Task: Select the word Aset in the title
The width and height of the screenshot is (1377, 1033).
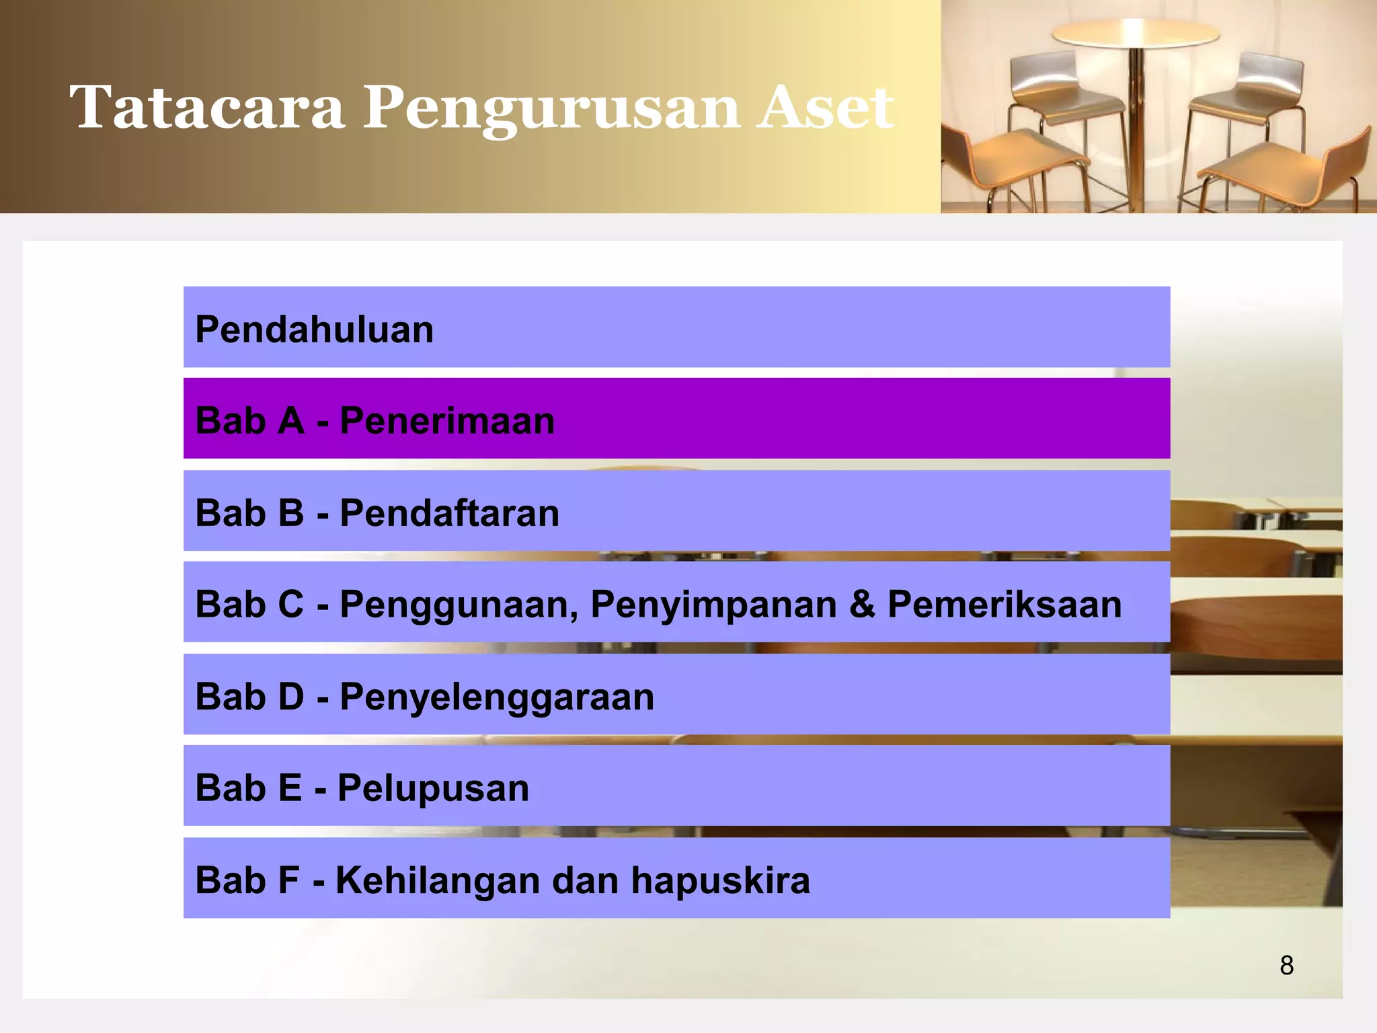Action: point(826,108)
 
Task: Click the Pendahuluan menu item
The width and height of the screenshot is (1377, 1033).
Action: point(314,330)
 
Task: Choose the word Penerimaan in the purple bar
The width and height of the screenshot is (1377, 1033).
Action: point(447,421)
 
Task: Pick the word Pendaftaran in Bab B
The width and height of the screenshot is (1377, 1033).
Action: point(449,513)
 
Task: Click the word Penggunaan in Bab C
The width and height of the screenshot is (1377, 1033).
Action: point(459,605)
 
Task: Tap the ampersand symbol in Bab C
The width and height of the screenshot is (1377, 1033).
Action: point(862,604)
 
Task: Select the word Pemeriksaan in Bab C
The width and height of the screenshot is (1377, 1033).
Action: point(1005,604)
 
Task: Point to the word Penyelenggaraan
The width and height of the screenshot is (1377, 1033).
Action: point(497,697)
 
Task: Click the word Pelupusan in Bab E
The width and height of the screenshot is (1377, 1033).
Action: point(433,788)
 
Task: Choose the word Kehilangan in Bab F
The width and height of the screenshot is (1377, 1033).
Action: point(438,880)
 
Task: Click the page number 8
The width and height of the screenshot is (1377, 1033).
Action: point(1286,965)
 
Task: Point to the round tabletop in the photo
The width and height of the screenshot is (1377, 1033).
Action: point(1135,32)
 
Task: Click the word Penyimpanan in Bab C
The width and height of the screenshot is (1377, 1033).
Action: point(713,605)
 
